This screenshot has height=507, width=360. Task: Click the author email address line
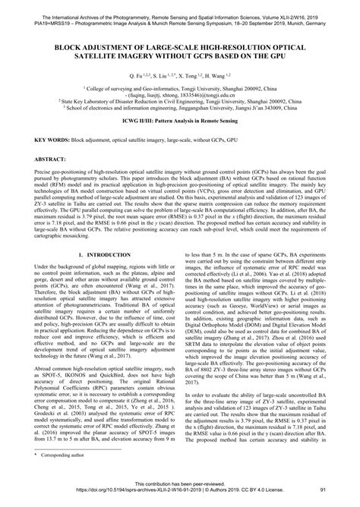[x=180, y=95]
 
